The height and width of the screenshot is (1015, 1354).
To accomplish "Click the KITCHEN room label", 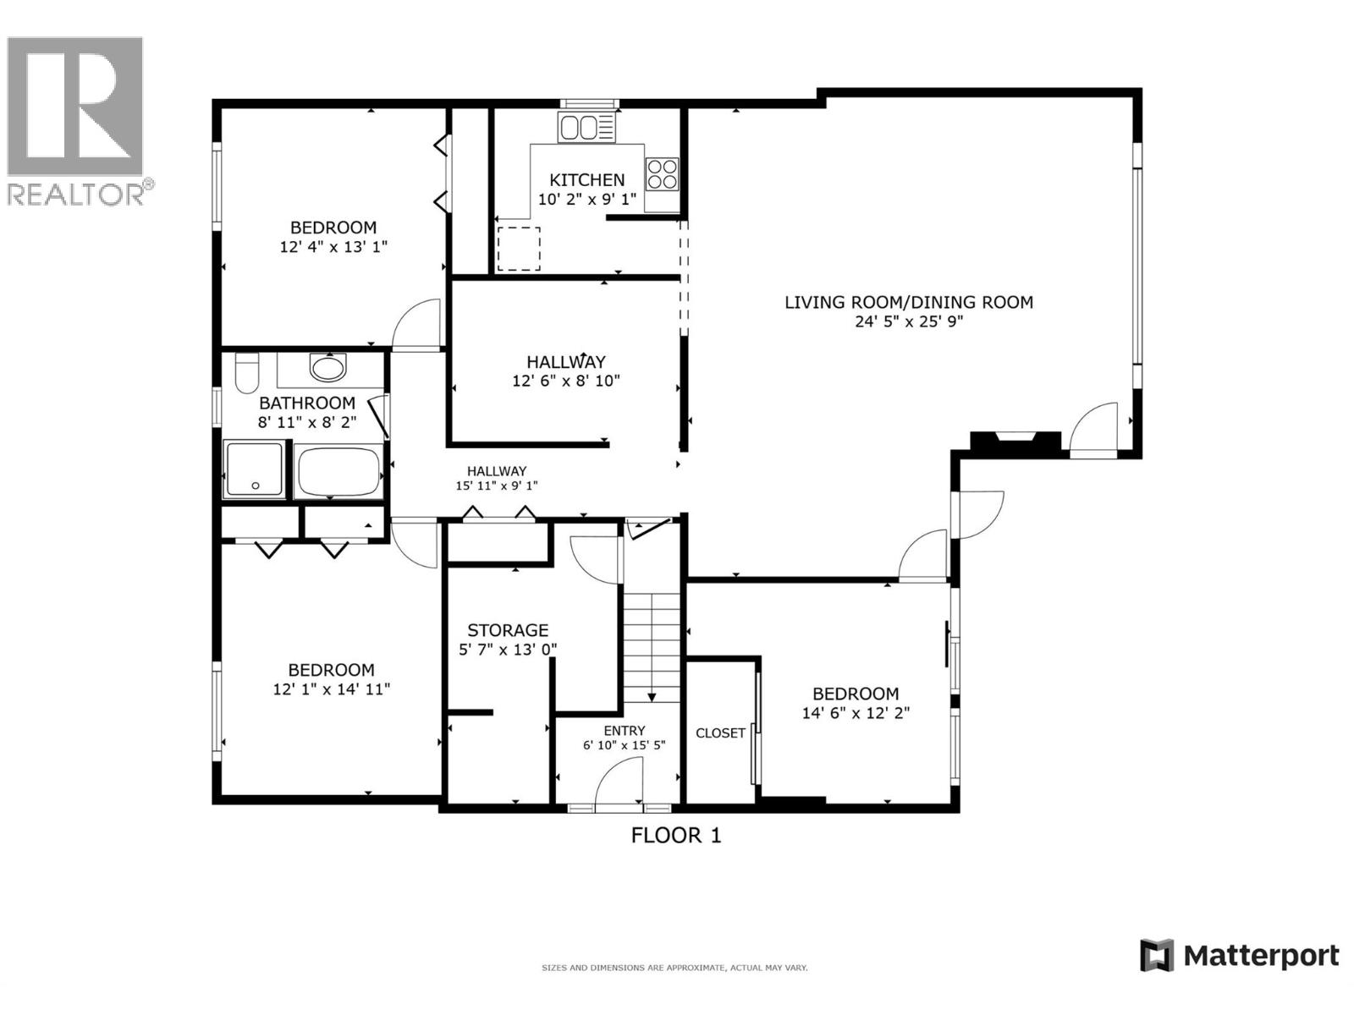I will (586, 179).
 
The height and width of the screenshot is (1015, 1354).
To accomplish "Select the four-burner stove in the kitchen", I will (662, 174).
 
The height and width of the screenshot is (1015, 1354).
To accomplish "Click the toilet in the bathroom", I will (246, 373).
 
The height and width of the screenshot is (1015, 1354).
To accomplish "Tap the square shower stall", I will (254, 469).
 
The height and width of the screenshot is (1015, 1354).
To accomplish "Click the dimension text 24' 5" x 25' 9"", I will (909, 321).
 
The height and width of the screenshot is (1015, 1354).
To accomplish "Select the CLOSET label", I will (720, 732).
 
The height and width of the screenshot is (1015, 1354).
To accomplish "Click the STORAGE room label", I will (508, 630).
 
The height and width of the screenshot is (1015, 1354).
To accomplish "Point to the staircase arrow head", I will (652, 697).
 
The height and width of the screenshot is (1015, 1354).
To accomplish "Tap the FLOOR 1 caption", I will (676, 836).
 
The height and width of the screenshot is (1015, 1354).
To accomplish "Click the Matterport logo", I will (1239, 956).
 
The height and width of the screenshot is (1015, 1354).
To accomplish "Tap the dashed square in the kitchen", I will (518, 249).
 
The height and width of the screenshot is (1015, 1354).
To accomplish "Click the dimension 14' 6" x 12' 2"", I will (856, 713).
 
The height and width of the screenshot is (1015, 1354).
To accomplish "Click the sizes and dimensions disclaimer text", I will (674, 968).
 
